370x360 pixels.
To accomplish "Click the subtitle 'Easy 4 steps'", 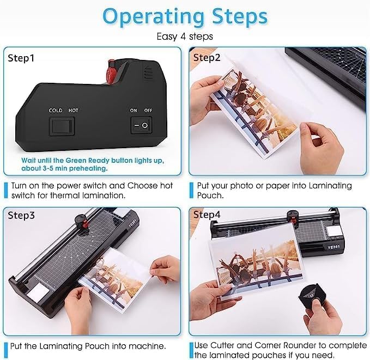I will click(x=185, y=36).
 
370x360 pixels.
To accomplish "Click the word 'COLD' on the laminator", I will click(x=56, y=111).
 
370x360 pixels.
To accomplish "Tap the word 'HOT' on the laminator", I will click(x=74, y=111).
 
